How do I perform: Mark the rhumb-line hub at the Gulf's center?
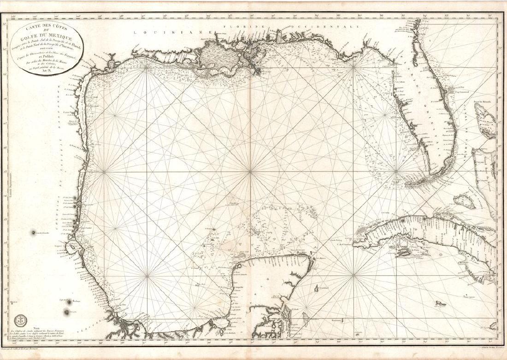tap(250, 172)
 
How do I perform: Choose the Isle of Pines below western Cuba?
tap(403, 253)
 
